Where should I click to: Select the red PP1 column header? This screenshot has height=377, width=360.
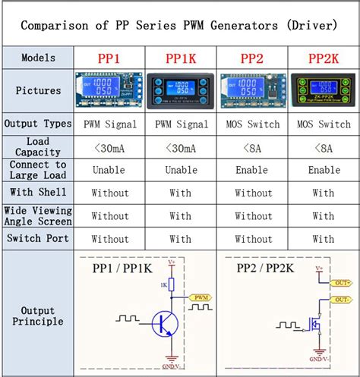coord(109,58)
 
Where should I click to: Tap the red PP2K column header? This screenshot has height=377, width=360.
coord(324,58)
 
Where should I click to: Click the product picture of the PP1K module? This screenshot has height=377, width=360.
coord(180,90)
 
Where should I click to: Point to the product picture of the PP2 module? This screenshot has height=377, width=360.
coord(252,90)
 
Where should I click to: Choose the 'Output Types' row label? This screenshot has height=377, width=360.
coord(38,124)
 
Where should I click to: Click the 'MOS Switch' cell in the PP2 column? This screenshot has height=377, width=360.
coord(252,124)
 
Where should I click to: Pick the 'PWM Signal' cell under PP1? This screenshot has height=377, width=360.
coord(109,124)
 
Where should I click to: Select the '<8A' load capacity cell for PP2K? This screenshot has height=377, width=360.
coord(324,147)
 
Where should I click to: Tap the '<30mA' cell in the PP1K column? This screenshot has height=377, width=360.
coord(180,147)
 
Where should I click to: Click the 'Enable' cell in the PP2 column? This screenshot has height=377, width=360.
coord(252,170)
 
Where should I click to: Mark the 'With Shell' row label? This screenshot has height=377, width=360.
coord(38,193)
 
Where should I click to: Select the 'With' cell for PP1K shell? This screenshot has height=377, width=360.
coord(180,193)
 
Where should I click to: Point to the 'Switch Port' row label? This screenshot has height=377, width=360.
coord(38,239)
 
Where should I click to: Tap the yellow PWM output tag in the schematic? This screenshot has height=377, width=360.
coord(200,297)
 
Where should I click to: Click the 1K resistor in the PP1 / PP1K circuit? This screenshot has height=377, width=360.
coord(172,284)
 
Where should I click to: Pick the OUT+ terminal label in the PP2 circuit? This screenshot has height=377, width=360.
coord(343,282)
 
